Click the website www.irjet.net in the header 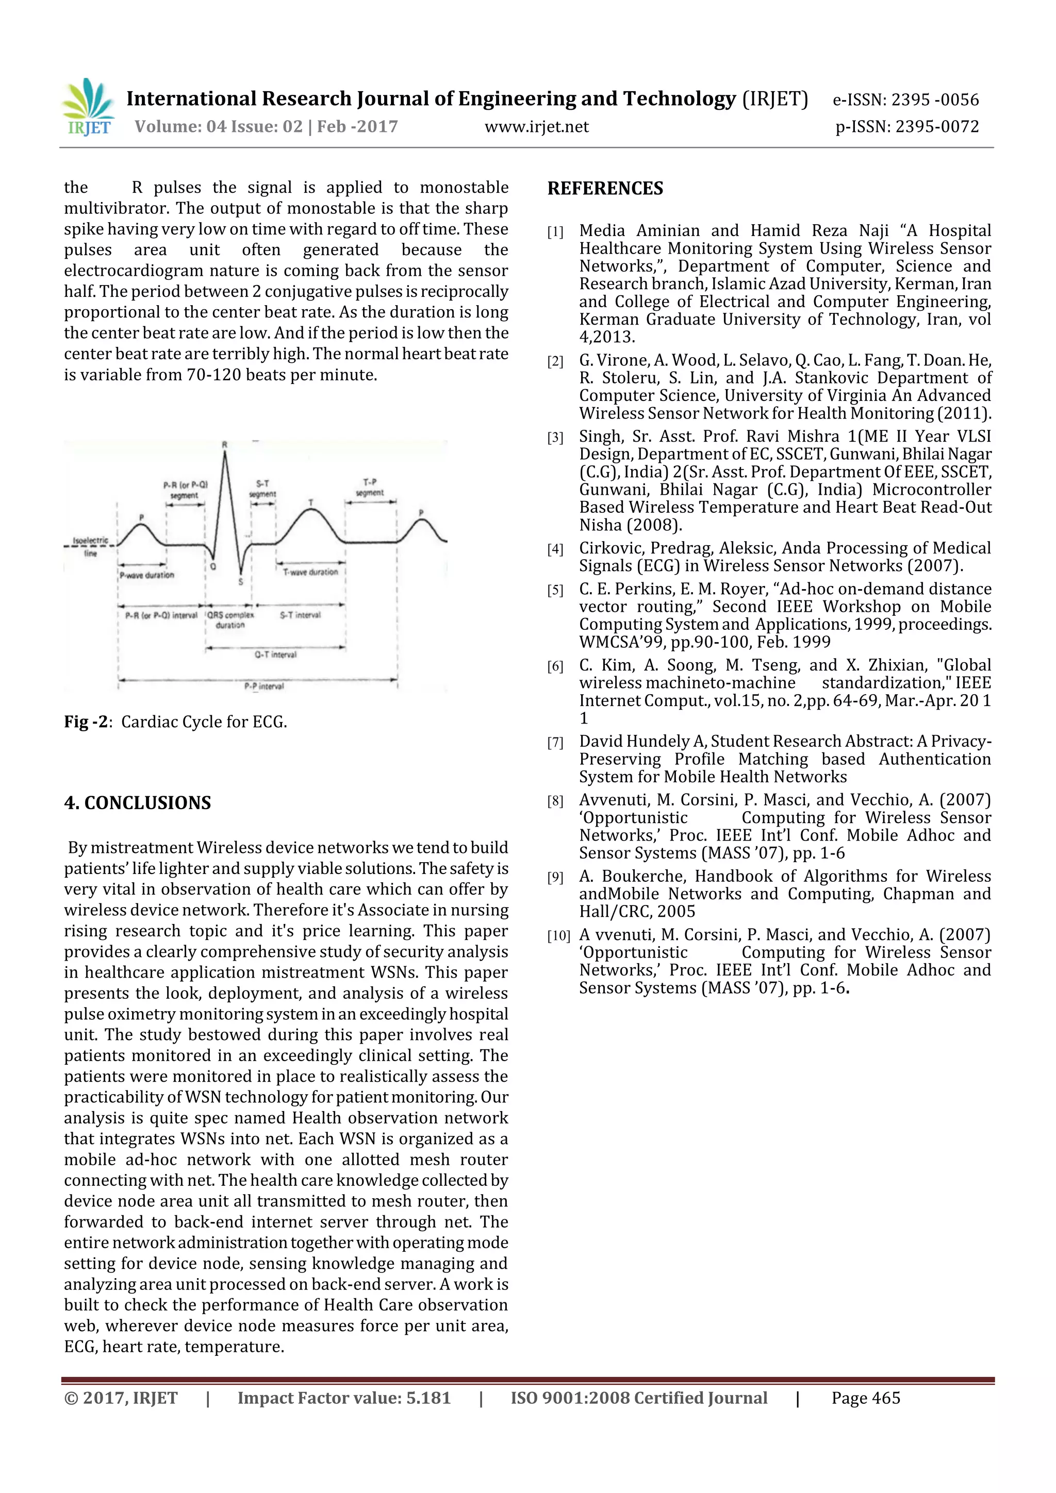point(536,127)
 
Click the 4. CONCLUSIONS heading point(137,802)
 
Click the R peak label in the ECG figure point(224,445)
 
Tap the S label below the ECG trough point(240,581)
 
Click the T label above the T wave point(311,502)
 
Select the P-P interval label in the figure point(263,686)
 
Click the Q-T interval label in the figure point(275,655)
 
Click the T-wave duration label point(310,572)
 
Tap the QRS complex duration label point(230,619)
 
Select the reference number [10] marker point(557,936)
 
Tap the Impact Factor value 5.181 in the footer point(428,1398)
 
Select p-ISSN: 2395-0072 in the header point(907,127)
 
